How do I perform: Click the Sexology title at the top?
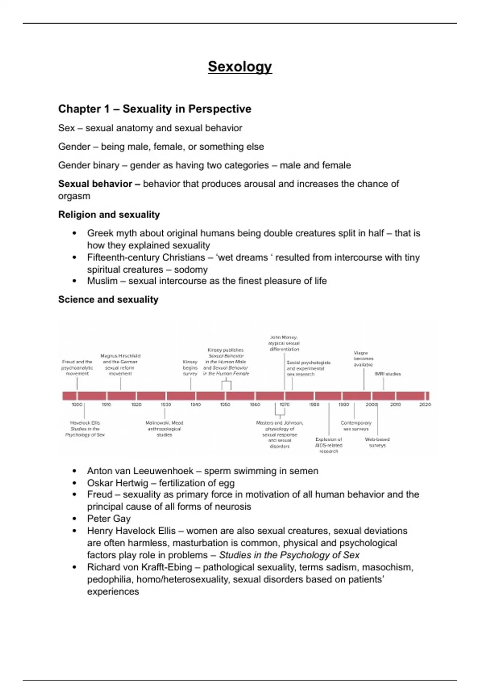coord(240,66)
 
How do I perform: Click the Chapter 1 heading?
coord(154,109)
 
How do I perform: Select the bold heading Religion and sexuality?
coord(109,215)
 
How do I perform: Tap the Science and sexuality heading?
coord(108,300)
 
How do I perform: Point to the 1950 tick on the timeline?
coord(225,405)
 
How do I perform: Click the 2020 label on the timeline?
coord(425,405)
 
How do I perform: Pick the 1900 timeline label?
coord(77,405)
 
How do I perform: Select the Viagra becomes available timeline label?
coord(363,359)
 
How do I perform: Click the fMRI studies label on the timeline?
coord(387,374)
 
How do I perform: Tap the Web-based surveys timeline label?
coord(377,442)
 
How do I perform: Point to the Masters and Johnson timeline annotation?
coord(280,434)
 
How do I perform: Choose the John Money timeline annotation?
coord(284,343)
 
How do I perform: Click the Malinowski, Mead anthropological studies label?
coord(164,429)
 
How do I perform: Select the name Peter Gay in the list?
coord(109,519)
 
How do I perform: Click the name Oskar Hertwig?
coord(118,483)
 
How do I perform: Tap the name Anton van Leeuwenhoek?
coord(140,471)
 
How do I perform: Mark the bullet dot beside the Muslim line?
coord(74,281)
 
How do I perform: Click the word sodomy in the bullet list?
coord(191,270)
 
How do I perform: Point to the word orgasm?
coord(74,196)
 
